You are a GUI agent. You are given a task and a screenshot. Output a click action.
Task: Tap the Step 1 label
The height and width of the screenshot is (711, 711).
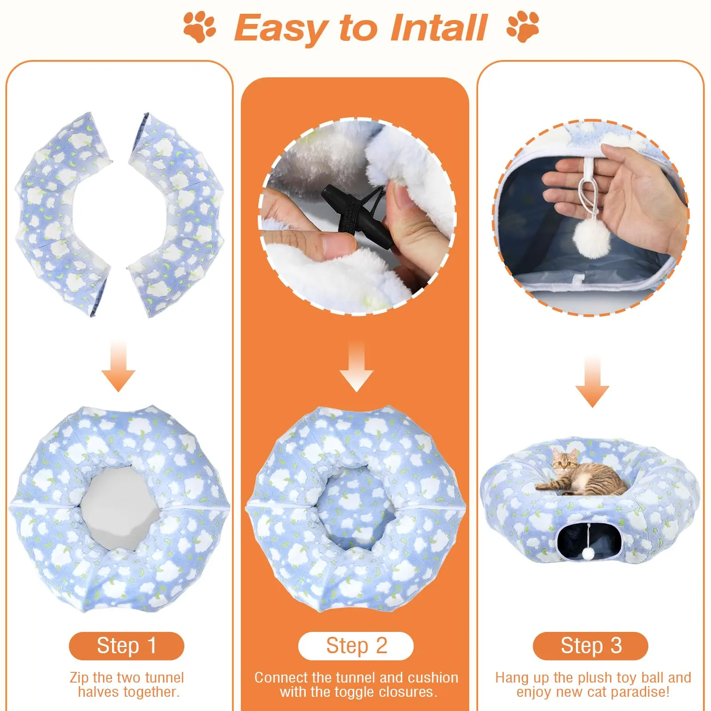tap(127, 646)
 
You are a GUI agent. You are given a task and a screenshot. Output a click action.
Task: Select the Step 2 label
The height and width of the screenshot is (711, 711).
tap(356, 646)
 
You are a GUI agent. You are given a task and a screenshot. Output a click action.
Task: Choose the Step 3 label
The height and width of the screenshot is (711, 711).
tap(591, 646)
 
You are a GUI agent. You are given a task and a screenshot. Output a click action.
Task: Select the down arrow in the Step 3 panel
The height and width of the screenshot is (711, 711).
tap(592, 381)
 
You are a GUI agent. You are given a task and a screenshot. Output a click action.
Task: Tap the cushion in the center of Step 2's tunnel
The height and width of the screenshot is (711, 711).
tap(355, 507)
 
